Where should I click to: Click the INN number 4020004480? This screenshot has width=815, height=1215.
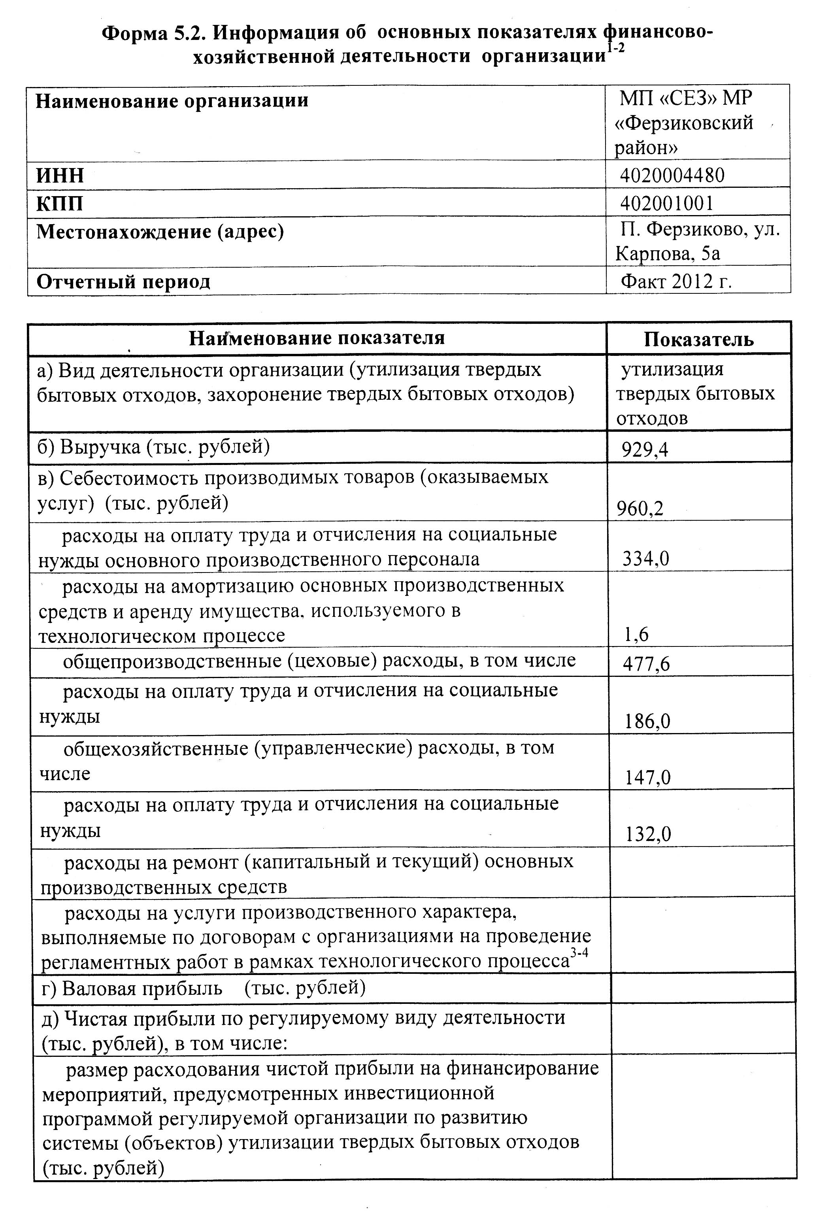[x=672, y=175]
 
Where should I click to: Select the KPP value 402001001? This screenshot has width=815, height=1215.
[x=667, y=203]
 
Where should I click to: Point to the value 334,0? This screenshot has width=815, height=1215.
[x=646, y=559]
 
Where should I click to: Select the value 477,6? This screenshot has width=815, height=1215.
[x=646, y=664]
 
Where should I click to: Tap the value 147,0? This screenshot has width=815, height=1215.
[x=648, y=778]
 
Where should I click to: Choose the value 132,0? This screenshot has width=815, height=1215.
[x=648, y=834]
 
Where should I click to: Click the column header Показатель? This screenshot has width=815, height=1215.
[x=698, y=340]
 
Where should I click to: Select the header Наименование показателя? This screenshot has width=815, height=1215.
[x=317, y=338]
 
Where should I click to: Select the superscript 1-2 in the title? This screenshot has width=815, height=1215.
[x=615, y=48]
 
